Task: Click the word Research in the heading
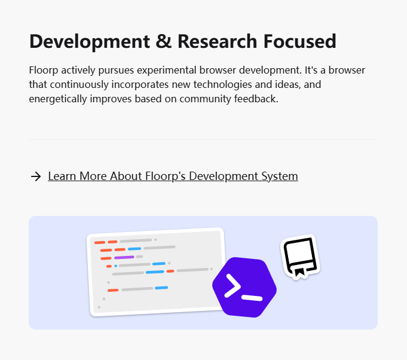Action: pyautogui.click(x=218, y=41)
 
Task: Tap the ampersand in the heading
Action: pyautogui.click(x=164, y=41)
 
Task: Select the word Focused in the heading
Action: pyautogui.click(x=300, y=41)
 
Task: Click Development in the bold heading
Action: pyautogui.click(x=90, y=42)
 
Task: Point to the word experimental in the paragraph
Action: pyautogui.click(x=167, y=71)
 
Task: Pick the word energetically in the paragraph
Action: pyautogui.click(x=58, y=99)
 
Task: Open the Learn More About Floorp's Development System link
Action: pyautogui.click(x=173, y=176)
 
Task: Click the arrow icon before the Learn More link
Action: pyautogui.click(x=36, y=176)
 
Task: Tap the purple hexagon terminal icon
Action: pyautogui.click(x=244, y=287)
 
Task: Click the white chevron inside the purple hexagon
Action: pyautogui.click(x=232, y=286)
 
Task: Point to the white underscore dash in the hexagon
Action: pyautogui.click(x=252, y=297)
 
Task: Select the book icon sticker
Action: pyautogui.click(x=300, y=257)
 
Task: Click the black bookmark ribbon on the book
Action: pyautogui.click(x=299, y=272)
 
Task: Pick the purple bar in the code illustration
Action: pyautogui.click(x=124, y=257)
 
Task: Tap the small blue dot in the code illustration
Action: pyautogui.click(x=116, y=266)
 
